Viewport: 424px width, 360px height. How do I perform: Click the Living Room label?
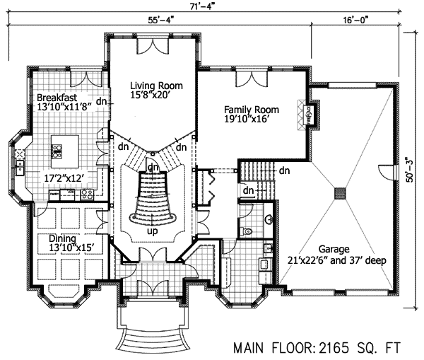click(152, 85)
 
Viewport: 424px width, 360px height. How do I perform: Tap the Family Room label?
click(251, 110)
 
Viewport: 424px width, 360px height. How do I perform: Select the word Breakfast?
click(57, 97)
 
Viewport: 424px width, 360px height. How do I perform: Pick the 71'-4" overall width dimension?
click(209, 7)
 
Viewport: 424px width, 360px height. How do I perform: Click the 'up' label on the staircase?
click(152, 231)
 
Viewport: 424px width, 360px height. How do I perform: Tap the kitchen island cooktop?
click(55, 149)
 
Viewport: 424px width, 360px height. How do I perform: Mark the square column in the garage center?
click(341, 192)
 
